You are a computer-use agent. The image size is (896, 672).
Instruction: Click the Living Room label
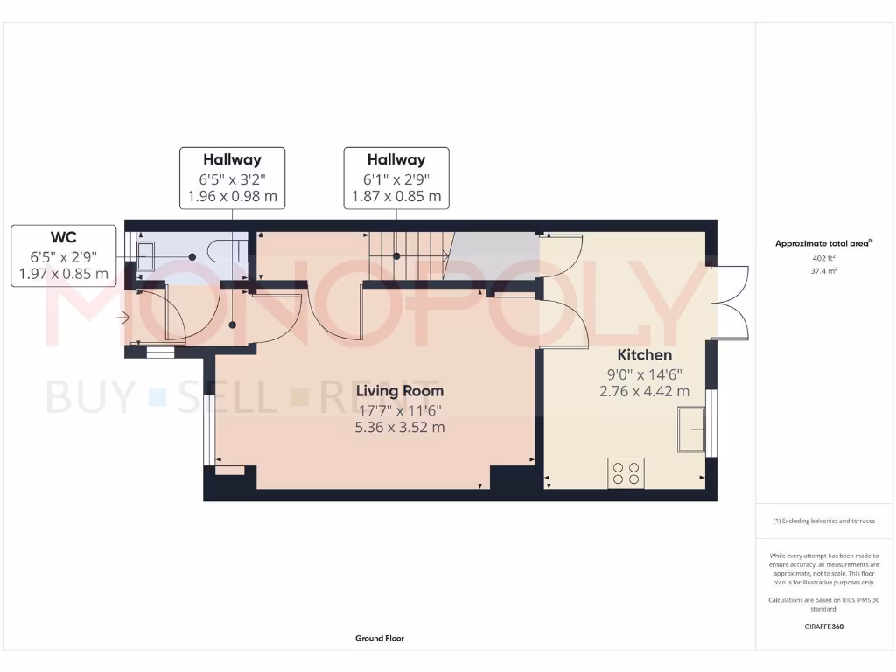coord(399,391)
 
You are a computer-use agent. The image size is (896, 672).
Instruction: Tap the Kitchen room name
coord(645,354)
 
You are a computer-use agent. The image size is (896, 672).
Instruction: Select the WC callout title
coord(64,238)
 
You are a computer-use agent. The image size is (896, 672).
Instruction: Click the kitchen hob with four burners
coord(626,472)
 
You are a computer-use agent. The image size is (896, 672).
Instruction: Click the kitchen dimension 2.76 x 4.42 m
coord(644,391)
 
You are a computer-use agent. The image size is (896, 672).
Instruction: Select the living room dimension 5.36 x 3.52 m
coord(399,428)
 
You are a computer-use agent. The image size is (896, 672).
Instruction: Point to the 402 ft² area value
coord(824,258)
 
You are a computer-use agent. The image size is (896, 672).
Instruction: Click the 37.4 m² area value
coord(824,271)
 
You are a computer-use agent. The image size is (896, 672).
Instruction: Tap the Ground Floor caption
coord(379,639)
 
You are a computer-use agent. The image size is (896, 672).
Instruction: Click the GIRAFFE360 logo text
coord(824,626)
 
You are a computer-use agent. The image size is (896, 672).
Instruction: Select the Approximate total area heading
coord(823,244)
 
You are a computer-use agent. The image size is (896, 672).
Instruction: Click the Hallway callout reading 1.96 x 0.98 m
coord(232,196)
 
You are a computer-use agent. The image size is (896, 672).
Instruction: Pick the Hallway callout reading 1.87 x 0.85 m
coord(396,196)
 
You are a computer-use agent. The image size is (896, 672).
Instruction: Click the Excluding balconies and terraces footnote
coord(823,521)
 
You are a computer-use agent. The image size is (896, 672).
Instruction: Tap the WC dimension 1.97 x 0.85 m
coord(64,274)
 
